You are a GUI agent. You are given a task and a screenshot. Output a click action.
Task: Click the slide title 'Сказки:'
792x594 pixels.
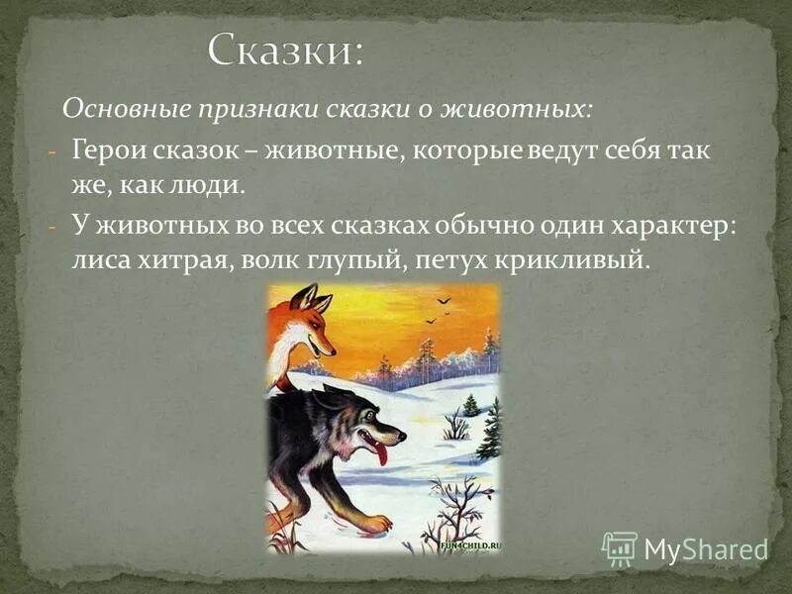(285, 49)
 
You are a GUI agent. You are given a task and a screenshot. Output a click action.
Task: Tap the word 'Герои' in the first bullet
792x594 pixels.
(104, 151)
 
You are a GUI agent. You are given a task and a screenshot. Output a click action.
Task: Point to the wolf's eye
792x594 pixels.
(367, 413)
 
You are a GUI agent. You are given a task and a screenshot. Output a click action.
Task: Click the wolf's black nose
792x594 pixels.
(400, 434)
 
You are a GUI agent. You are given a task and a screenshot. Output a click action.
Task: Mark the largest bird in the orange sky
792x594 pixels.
(445, 300)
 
